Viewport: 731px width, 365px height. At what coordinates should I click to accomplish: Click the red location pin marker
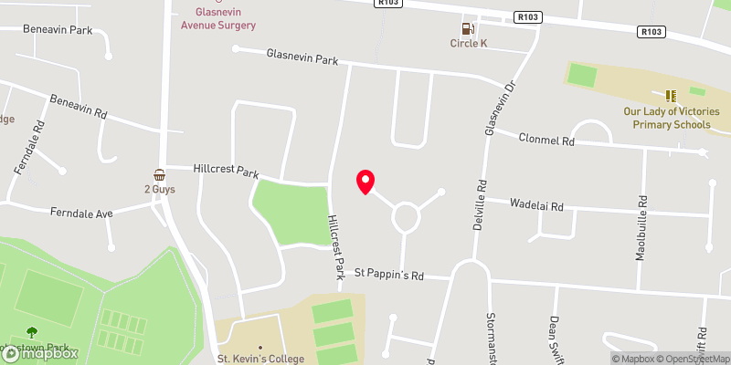[x=365, y=181]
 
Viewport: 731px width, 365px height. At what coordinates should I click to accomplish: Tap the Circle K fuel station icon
[x=472, y=28]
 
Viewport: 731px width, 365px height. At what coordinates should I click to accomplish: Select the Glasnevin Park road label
[x=302, y=57]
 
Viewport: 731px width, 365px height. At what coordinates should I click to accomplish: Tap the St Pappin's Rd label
[x=390, y=273]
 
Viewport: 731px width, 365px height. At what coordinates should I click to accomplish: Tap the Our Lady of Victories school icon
[x=672, y=95]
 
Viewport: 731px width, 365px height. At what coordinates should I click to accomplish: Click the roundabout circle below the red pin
[x=406, y=216]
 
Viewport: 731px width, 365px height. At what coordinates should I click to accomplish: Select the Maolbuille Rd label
[x=642, y=227]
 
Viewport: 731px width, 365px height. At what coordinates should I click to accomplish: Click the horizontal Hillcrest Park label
[x=226, y=171]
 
